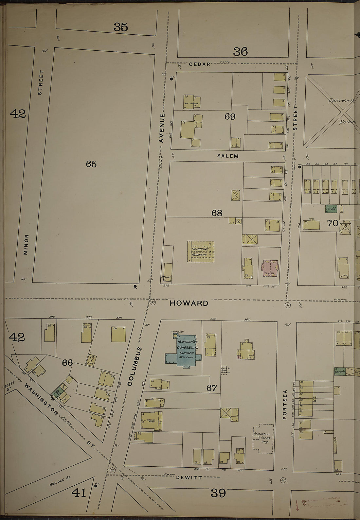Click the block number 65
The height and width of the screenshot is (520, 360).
click(91, 164)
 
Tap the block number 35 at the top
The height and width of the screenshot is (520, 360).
click(121, 27)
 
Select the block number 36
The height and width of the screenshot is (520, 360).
click(240, 52)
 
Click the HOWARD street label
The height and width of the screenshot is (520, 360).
click(189, 303)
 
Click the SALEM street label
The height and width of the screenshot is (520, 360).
click(228, 156)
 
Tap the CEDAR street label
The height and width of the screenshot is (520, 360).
click(200, 64)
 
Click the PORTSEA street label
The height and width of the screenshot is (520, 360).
click(285, 404)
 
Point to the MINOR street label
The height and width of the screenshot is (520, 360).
click(26, 244)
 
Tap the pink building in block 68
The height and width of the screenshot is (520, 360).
click(270, 269)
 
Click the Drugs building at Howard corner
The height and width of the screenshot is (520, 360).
click(168, 272)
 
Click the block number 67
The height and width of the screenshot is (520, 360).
click(212, 388)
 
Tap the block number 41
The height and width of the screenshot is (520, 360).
click(79, 492)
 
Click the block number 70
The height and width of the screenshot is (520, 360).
click(333, 223)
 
